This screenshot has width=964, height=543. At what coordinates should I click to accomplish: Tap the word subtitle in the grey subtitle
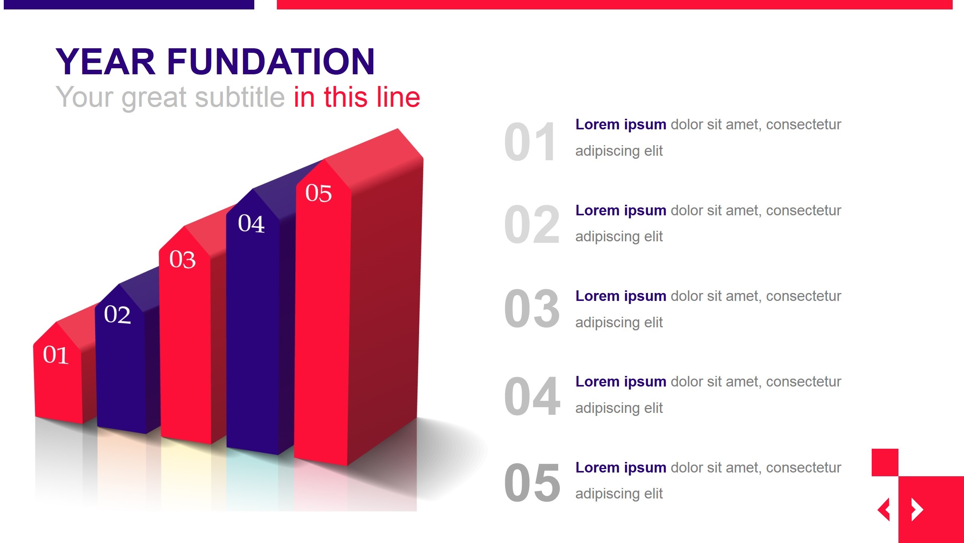pos(240,97)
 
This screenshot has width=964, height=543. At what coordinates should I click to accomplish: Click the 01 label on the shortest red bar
pos(56,355)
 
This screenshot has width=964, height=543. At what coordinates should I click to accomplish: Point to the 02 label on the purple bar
pos(118,314)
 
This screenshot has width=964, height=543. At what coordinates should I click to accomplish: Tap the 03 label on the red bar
pos(182,259)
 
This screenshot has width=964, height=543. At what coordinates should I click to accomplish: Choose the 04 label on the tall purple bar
pos(251,223)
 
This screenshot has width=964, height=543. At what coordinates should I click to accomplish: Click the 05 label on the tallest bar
pos(318,193)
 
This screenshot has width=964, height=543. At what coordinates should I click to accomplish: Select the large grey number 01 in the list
pos(530,142)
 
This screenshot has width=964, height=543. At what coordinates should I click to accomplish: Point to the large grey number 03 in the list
pos(532,309)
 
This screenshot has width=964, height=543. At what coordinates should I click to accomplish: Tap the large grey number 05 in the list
pos(532,483)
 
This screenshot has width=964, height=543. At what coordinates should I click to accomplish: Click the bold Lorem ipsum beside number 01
pos(620,124)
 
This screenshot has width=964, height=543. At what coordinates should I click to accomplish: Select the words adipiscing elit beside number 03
pos(619,322)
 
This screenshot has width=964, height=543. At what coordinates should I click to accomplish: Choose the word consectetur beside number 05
pos(803,468)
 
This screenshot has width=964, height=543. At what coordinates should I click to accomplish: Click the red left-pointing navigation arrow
pos(884,509)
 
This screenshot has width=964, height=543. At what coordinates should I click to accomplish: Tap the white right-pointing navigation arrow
pos(917,509)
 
